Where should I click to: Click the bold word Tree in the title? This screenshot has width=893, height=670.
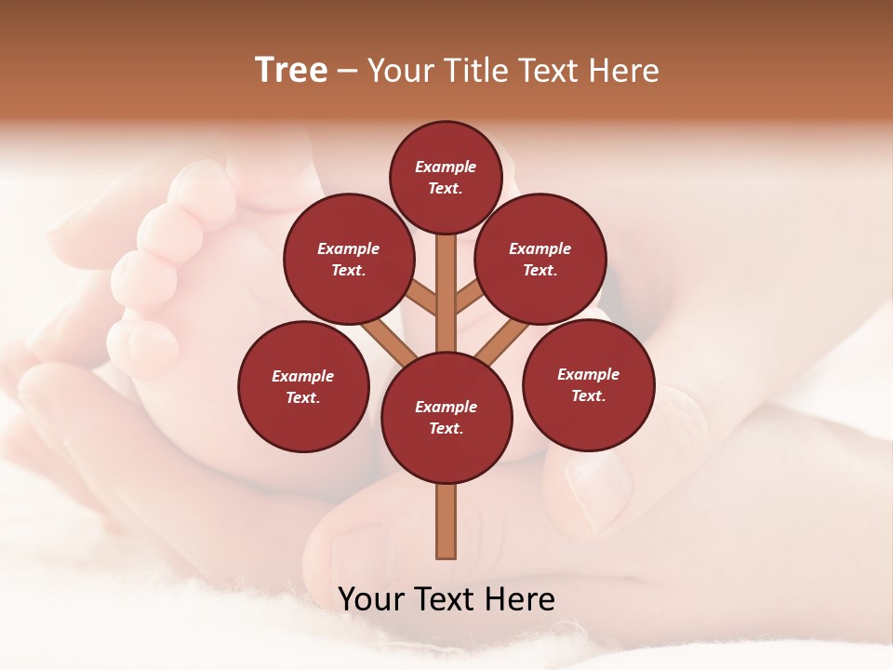(290, 71)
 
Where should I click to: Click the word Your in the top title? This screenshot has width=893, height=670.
(398, 71)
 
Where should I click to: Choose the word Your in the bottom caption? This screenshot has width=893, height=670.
(371, 599)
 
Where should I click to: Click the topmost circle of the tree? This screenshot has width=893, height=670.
(446, 177)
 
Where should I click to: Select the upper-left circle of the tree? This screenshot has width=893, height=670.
(348, 260)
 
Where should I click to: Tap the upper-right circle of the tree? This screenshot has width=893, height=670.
(540, 260)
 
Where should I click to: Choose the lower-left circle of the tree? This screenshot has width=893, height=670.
(302, 386)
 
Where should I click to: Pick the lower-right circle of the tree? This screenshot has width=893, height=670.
(588, 384)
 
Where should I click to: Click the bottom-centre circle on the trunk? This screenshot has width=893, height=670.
(446, 417)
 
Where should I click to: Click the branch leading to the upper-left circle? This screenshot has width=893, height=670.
(421, 298)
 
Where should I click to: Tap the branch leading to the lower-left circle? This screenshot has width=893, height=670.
(388, 340)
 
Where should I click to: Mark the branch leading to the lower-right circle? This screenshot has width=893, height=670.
(503, 340)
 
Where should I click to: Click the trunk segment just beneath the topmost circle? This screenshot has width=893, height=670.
(446, 265)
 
